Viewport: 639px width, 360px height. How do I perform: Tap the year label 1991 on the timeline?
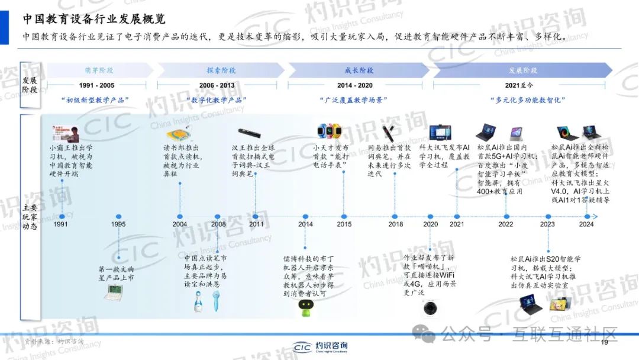click(60, 224)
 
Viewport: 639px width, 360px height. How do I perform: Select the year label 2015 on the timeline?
click(344, 224)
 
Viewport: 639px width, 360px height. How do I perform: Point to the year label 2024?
click(586, 224)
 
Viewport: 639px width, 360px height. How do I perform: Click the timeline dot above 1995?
click(119, 217)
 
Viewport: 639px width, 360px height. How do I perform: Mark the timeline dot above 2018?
click(396, 217)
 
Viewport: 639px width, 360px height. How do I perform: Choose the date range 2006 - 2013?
click(217, 85)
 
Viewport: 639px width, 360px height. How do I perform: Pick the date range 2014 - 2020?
click(355, 85)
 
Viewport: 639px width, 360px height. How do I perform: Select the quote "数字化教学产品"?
click(217, 100)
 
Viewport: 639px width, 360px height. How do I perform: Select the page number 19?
click(604, 343)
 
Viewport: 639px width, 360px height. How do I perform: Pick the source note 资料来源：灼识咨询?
click(53, 342)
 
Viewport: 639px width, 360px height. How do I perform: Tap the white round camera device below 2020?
click(430, 307)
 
